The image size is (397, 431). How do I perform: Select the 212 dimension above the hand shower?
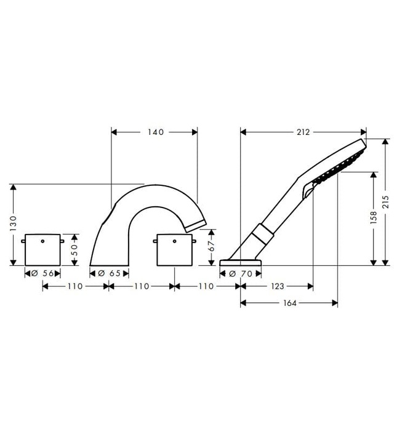point(302,131)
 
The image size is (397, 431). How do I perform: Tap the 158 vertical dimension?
point(374,219)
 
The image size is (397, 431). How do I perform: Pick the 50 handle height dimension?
point(74,249)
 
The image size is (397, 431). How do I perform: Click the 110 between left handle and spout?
point(75,286)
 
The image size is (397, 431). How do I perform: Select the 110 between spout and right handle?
point(142,286)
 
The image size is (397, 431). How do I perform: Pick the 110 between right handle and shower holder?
point(207,286)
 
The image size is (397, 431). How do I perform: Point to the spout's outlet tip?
point(196,224)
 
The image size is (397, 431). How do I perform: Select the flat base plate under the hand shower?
point(240,264)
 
